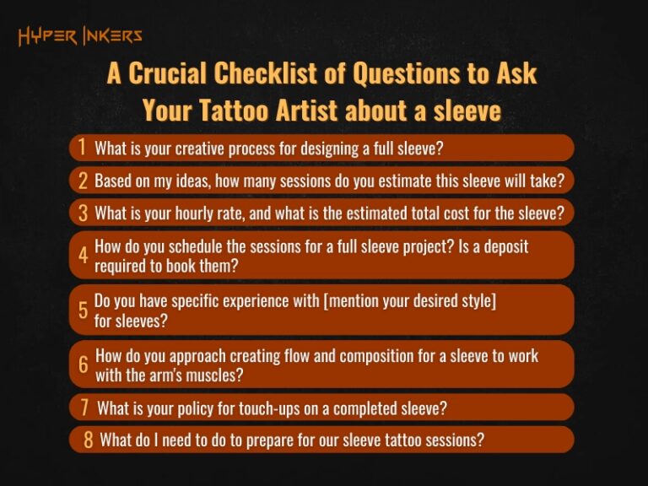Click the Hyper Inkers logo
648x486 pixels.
[80, 36]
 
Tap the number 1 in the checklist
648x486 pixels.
[82, 147]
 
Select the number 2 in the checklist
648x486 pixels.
[83, 180]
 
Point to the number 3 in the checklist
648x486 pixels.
[83, 212]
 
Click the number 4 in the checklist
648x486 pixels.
[83, 255]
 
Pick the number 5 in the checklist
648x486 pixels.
[83, 310]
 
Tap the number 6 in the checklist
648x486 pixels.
[83, 364]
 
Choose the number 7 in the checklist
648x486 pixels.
[84, 408]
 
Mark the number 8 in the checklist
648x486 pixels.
[88, 440]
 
